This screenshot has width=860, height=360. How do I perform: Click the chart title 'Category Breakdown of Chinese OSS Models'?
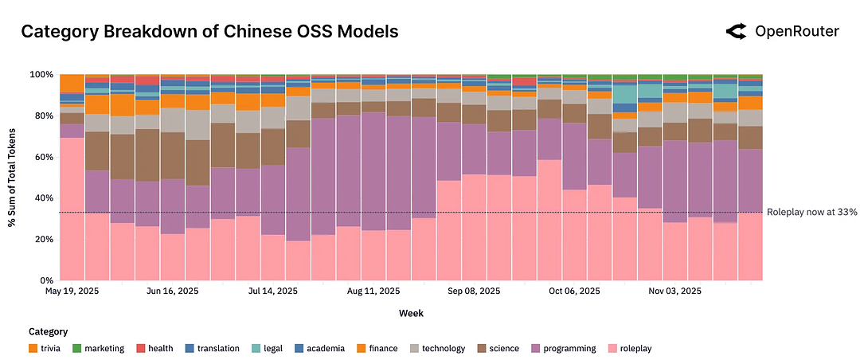(x=209, y=32)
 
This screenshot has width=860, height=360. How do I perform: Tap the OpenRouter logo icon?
(x=736, y=32)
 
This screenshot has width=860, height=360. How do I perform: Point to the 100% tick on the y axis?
(x=41, y=75)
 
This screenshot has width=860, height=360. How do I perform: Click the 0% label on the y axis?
(x=46, y=281)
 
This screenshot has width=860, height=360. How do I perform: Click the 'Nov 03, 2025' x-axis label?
(x=674, y=292)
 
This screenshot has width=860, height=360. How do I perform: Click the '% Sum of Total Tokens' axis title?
(x=13, y=177)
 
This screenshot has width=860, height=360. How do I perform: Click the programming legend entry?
(x=568, y=348)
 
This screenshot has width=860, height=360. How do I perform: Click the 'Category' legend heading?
(x=48, y=331)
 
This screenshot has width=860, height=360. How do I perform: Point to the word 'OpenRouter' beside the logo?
(x=796, y=32)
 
